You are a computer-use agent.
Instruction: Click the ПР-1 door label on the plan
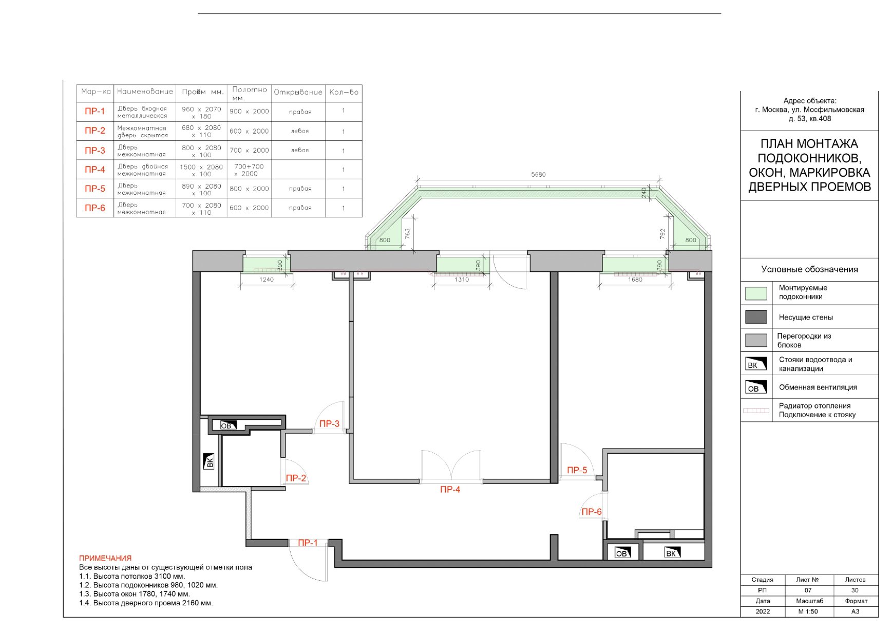click(x=308, y=543)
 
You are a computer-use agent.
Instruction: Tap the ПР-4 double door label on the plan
click(x=450, y=490)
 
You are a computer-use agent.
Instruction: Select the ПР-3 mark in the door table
click(x=95, y=151)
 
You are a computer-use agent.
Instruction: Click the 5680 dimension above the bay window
click(x=538, y=175)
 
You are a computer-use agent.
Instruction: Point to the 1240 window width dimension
click(x=267, y=280)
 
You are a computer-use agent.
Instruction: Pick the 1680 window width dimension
click(x=635, y=280)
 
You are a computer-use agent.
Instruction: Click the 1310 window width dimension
click(x=462, y=280)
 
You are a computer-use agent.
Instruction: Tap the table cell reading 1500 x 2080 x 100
click(x=201, y=170)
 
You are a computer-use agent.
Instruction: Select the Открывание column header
click(x=298, y=92)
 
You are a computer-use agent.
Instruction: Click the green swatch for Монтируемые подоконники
click(x=756, y=293)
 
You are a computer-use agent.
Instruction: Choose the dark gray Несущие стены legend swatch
click(x=756, y=317)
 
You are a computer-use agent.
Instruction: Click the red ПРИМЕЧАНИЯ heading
click(x=105, y=558)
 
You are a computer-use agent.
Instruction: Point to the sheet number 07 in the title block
click(x=808, y=590)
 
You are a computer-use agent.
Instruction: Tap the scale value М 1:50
click(x=808, y=611)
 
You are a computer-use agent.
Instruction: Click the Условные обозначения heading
click(x=809, y=269)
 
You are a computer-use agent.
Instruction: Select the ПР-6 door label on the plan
click(x=591, y=512)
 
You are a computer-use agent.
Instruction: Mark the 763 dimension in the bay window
click(x=407, y=234)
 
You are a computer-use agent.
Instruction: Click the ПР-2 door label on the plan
click(x=296, y=478)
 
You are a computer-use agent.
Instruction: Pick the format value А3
click(x=855, y=611)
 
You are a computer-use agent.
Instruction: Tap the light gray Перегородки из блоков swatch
click(x=756, y=340)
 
